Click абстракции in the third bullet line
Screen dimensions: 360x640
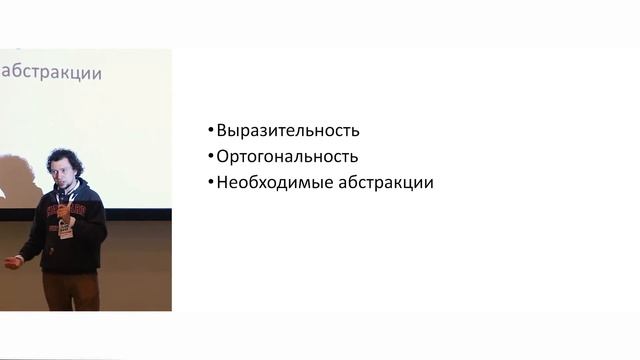tap(385, 183)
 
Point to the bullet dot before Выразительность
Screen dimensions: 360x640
tap(211, 131)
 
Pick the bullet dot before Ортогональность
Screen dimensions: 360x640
tap(211, 157)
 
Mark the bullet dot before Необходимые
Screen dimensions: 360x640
tap(211, 183)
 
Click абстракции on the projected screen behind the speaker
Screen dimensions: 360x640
tap(54, 72)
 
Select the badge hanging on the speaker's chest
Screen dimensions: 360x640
tap(65, 229)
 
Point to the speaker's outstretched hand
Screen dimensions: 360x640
tap(11, 263)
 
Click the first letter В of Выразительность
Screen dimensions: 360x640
tap(222, 131)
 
